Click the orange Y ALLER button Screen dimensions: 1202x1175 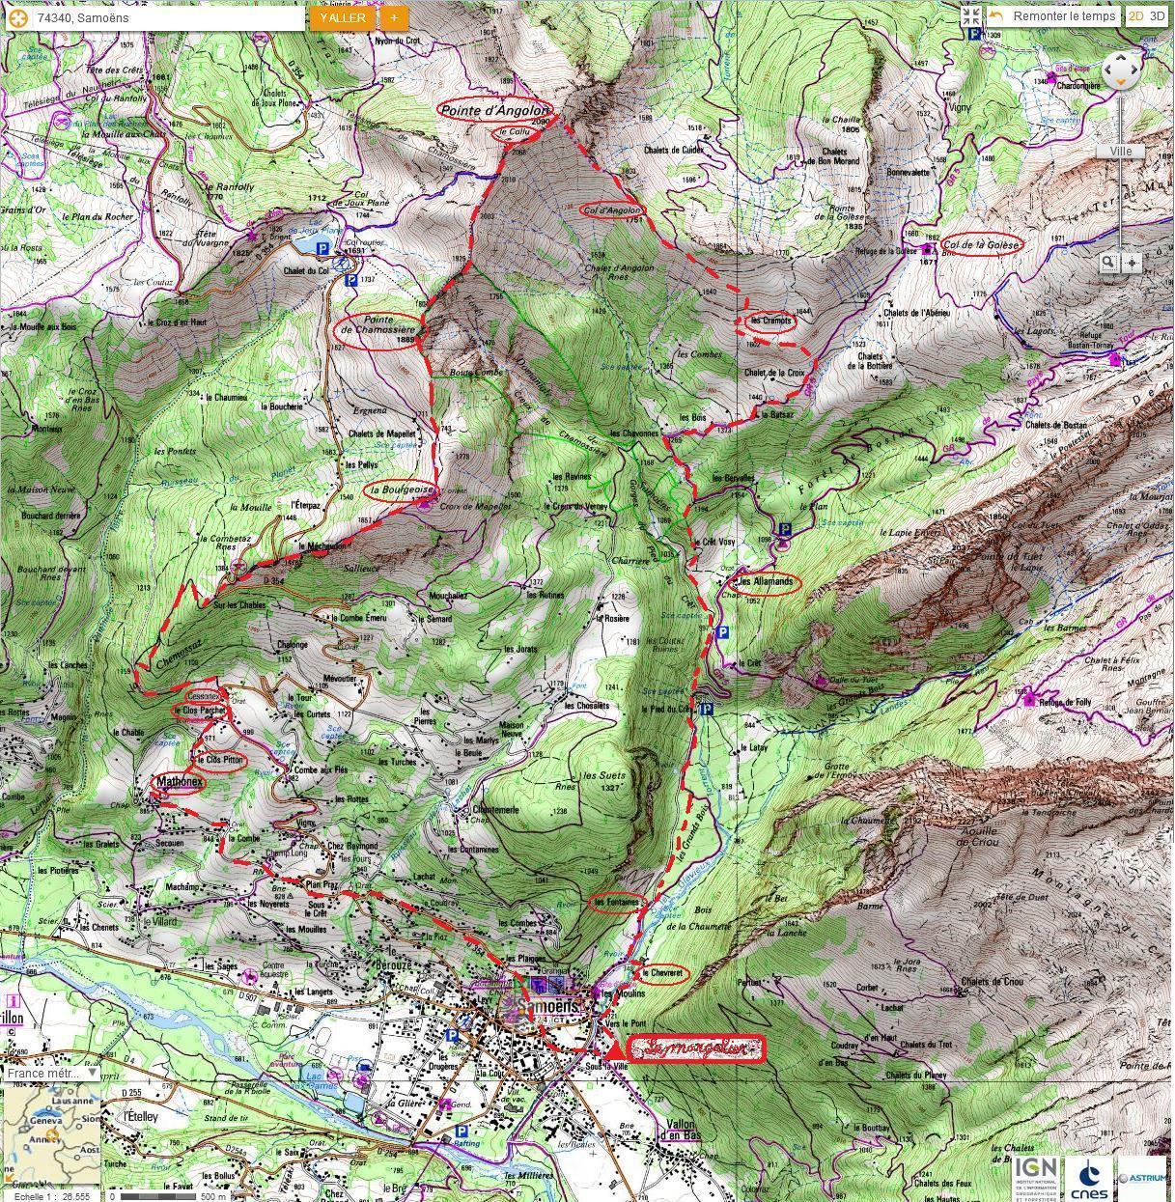343,17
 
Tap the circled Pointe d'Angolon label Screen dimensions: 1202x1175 493,110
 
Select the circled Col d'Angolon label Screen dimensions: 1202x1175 612,210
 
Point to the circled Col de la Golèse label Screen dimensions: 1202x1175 982,244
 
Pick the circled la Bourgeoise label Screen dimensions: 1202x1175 400,490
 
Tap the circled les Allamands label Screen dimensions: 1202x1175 766,582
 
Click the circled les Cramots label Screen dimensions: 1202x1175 769,321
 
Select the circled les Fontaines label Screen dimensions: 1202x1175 616,903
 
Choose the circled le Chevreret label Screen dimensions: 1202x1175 662,973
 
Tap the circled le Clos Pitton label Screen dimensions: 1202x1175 219,761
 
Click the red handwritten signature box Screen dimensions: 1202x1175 696,1048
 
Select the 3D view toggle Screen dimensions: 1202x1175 1157,15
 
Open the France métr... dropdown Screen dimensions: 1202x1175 51,1073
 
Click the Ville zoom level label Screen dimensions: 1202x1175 1120,152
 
